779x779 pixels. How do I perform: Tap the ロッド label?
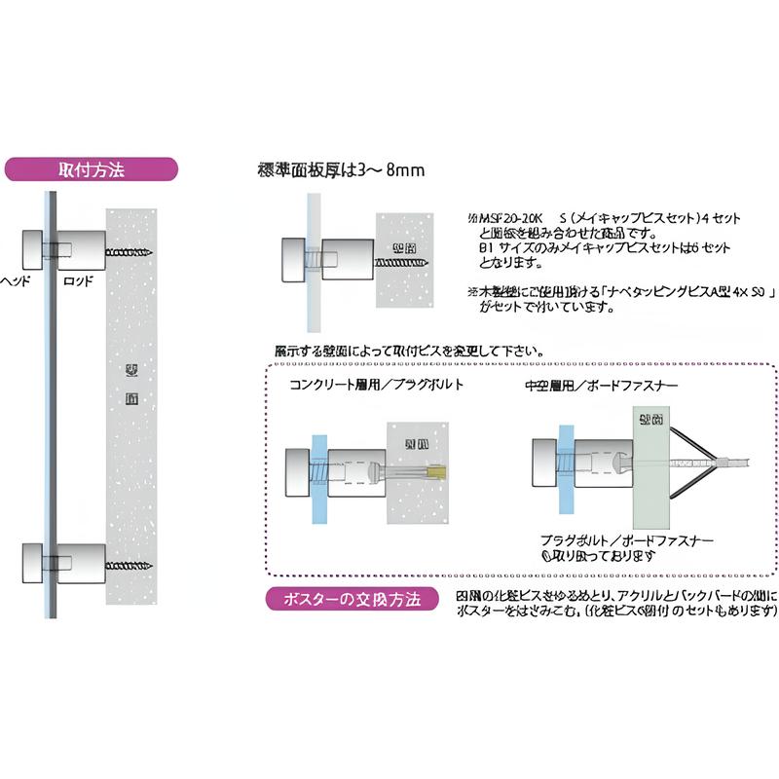tap(77, 280)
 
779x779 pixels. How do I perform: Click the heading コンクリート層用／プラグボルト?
tap(376, 385)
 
